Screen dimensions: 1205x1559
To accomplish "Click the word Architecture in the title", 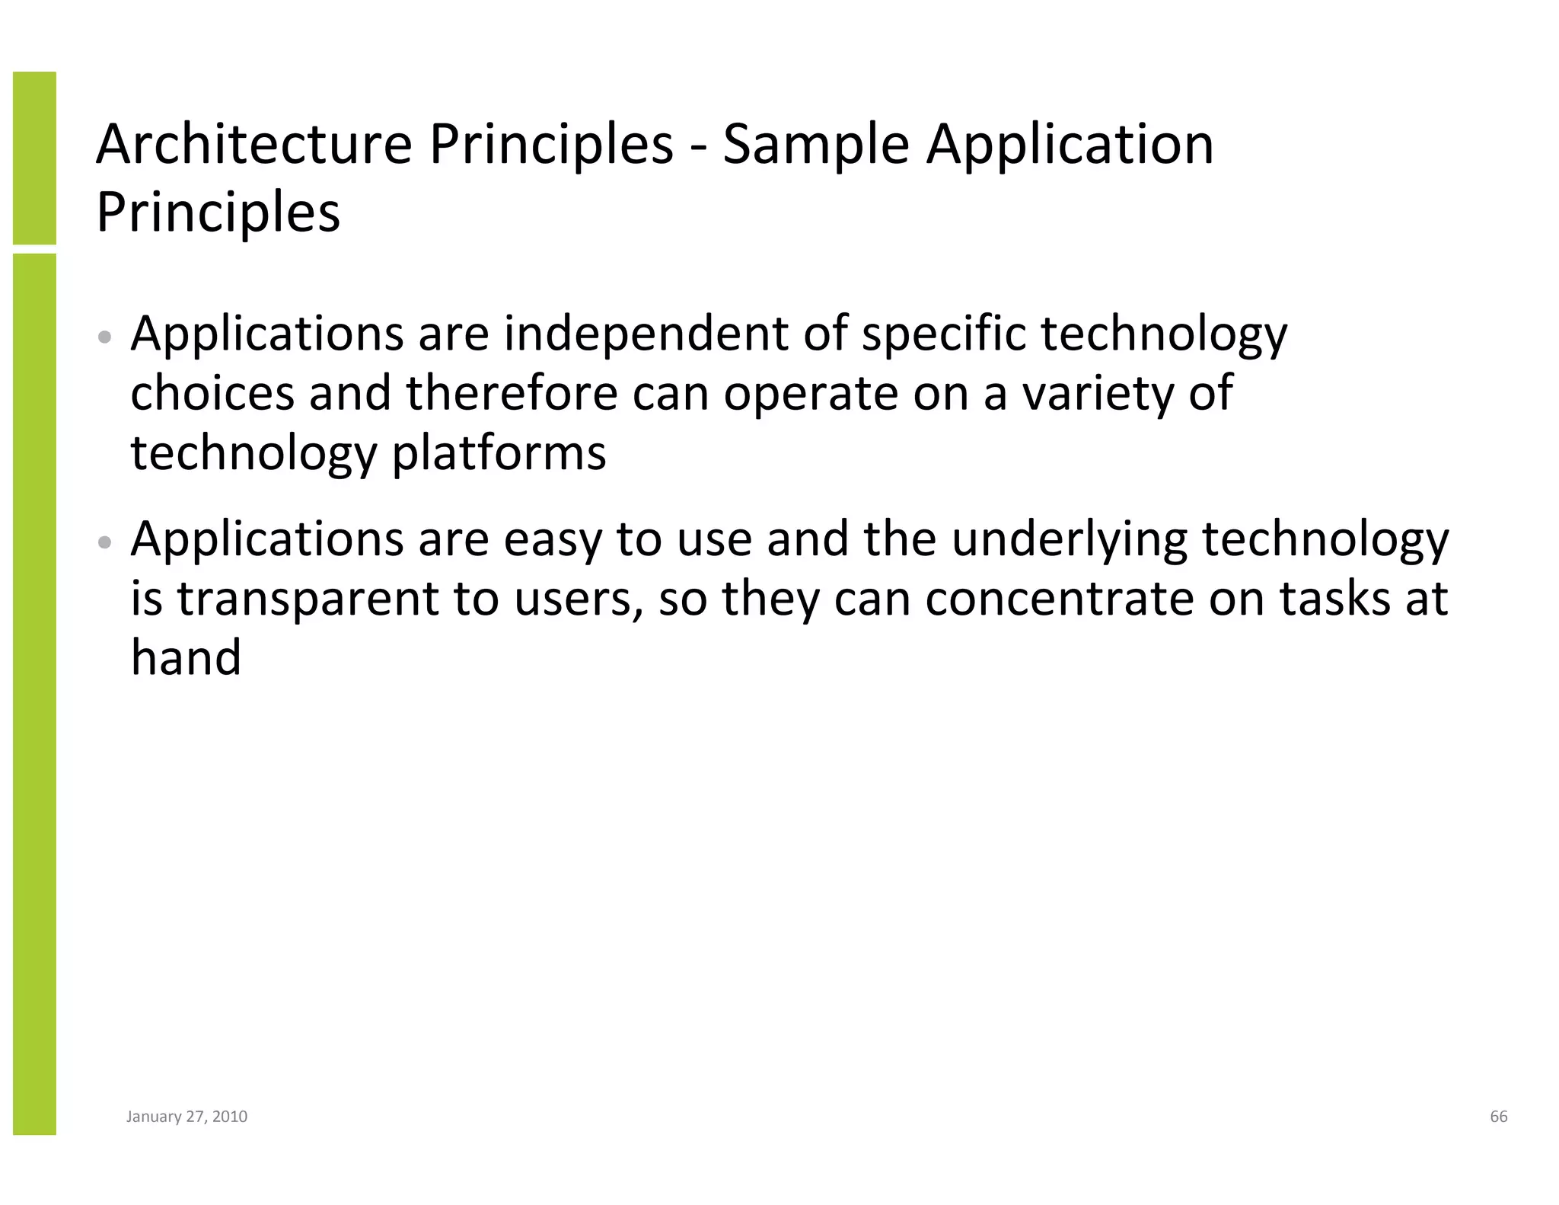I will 253,144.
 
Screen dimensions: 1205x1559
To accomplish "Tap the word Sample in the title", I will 815,144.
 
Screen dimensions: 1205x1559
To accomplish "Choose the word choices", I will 212,393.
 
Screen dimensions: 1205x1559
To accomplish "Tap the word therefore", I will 512,393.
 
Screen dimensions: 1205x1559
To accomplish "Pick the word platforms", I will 499,454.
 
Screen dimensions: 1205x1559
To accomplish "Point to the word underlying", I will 1070,539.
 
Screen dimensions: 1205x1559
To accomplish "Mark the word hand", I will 186,657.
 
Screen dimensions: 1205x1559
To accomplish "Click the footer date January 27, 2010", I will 187,1117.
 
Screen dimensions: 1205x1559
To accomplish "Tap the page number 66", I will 1498,1117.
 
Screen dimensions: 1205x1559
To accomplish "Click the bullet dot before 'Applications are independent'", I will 107,337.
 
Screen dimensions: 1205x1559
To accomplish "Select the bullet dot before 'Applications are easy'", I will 107,542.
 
